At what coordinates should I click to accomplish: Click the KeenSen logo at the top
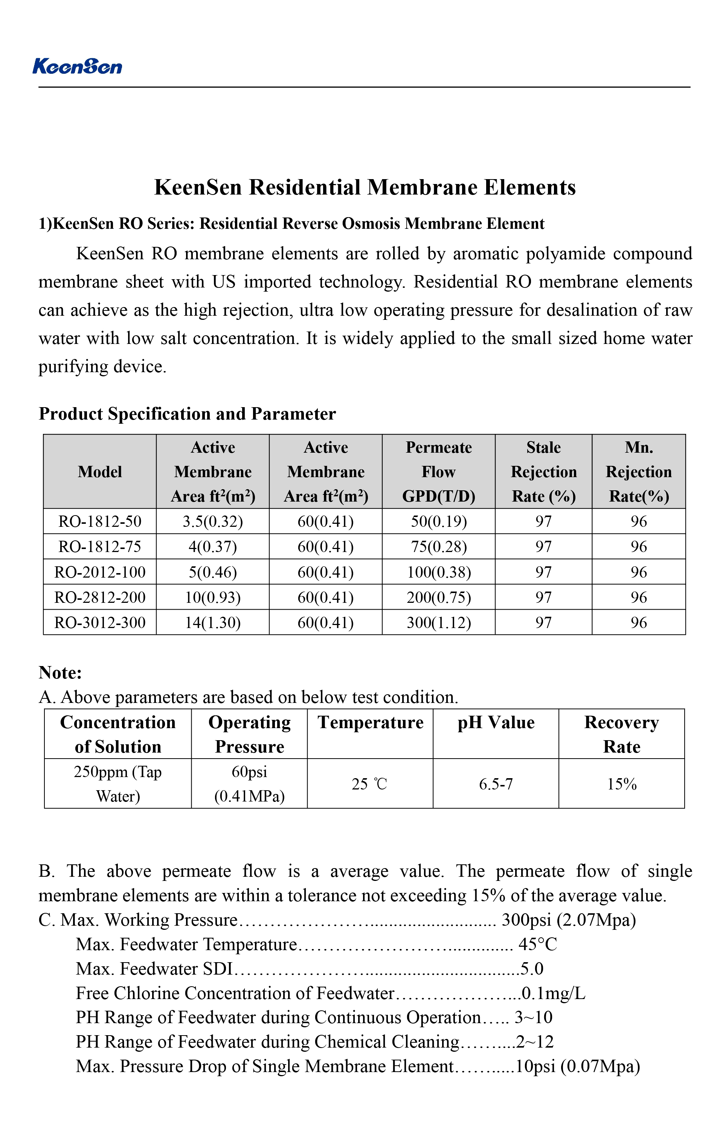77,67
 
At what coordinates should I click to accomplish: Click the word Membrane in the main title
421,187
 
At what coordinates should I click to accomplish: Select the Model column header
100,472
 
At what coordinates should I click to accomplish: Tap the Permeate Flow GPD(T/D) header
438,472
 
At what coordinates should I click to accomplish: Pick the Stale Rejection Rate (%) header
543,472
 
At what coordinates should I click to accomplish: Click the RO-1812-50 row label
100,522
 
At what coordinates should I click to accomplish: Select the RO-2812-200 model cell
100,597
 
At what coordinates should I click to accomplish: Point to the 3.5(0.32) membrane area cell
213,522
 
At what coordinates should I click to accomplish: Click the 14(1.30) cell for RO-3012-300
213,622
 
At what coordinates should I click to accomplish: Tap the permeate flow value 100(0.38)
438,572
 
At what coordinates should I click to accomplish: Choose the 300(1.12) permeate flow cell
438,622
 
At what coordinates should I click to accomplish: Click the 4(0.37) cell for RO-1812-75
213,547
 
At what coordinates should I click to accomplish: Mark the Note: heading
60,672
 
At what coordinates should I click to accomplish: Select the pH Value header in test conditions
496,722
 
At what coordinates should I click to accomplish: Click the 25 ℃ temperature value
369,784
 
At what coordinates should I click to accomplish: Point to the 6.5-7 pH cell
496,784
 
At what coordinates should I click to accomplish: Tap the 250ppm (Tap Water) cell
117,784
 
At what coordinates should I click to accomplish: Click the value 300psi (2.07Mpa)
569,920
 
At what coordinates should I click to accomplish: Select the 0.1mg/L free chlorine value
554,993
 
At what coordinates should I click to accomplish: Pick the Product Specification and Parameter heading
187,414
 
